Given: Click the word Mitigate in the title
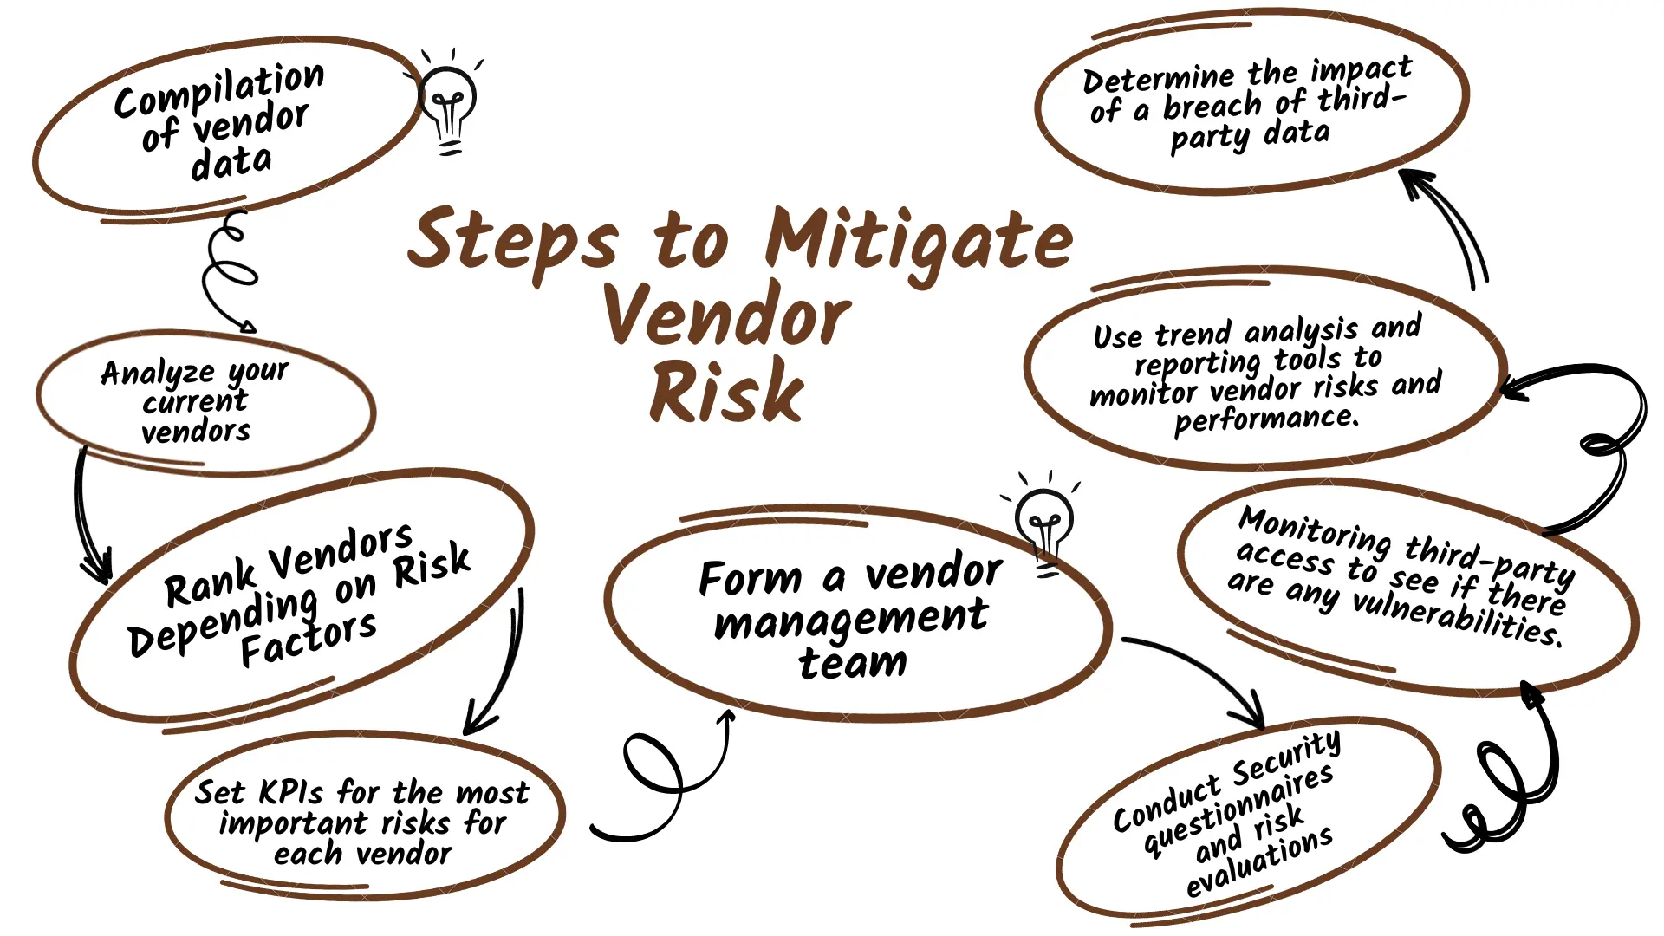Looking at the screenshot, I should [919, 241].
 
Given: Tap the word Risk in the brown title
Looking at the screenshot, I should [726, 392].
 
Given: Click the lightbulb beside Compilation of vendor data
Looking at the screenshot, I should [448, 104].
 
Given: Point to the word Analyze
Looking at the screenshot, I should [157, 374].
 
